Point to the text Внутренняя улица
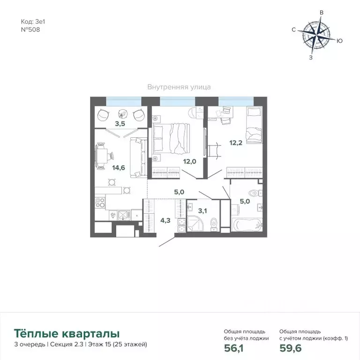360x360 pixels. (x=179, y=87)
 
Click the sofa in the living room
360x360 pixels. (x=137, y=157)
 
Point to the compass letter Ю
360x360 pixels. (x=339, y=41)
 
